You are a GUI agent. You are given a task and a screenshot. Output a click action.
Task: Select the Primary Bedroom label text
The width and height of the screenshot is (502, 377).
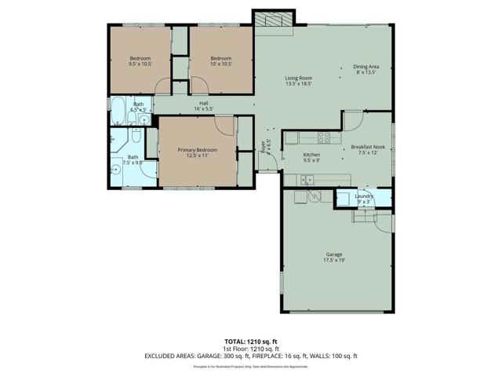(x=196, y=149)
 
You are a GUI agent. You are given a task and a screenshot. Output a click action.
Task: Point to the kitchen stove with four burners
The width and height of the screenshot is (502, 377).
(x=323, y=139)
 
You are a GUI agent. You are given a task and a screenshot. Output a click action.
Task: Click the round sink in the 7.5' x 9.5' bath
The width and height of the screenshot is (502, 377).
(x=116, y=167)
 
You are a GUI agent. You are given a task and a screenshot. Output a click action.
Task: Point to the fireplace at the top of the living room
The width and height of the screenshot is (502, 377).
(x=273, y=19)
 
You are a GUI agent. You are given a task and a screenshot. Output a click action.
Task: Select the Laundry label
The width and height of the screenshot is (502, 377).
(x=363, y=196)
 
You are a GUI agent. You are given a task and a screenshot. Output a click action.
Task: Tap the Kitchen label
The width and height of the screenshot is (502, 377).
(x=311, y=156)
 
